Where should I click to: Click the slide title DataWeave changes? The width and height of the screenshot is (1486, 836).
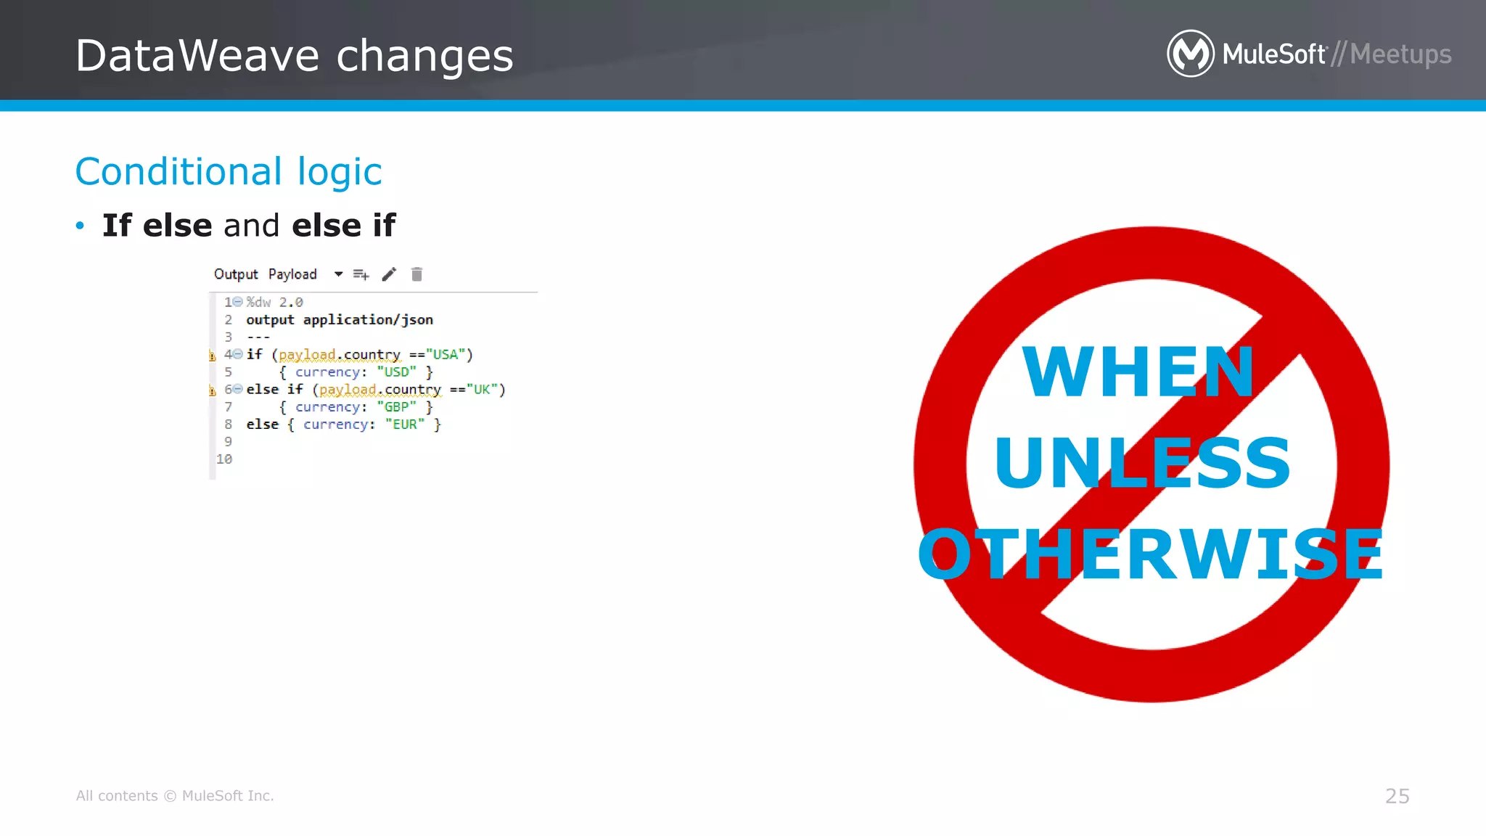(294, 56)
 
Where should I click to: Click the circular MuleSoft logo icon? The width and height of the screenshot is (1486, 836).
(1190, 54)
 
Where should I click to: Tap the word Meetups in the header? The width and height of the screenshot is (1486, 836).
(1400, 54)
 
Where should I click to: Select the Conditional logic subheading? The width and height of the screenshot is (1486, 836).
(229, 172)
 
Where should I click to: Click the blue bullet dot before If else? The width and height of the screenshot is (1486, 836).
(80, 226)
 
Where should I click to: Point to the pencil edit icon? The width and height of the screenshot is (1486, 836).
(390, 274)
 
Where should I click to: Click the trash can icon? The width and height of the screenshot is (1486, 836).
(416, 274)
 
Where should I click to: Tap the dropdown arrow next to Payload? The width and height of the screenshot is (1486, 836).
(338, 274)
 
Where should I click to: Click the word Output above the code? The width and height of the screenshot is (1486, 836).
(236, 274)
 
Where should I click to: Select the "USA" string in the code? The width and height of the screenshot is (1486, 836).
(446, 355)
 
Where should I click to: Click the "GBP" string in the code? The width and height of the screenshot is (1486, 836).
(397, 407)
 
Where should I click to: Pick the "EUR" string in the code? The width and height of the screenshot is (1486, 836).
(405, 425)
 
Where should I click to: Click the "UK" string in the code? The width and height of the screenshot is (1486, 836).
(482, 390)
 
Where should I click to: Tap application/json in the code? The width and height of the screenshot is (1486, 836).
(368, 320)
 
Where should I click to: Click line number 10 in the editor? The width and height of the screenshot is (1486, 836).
(224, 459)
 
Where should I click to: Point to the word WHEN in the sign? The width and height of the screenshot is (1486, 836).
(1138, 372)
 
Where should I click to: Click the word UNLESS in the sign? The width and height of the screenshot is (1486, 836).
(1142, 462)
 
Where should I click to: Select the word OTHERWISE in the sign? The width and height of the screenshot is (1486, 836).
(1151, 554)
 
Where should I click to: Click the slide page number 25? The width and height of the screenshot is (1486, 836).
(1397, 796)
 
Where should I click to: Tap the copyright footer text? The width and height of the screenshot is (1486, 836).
(175, 796)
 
